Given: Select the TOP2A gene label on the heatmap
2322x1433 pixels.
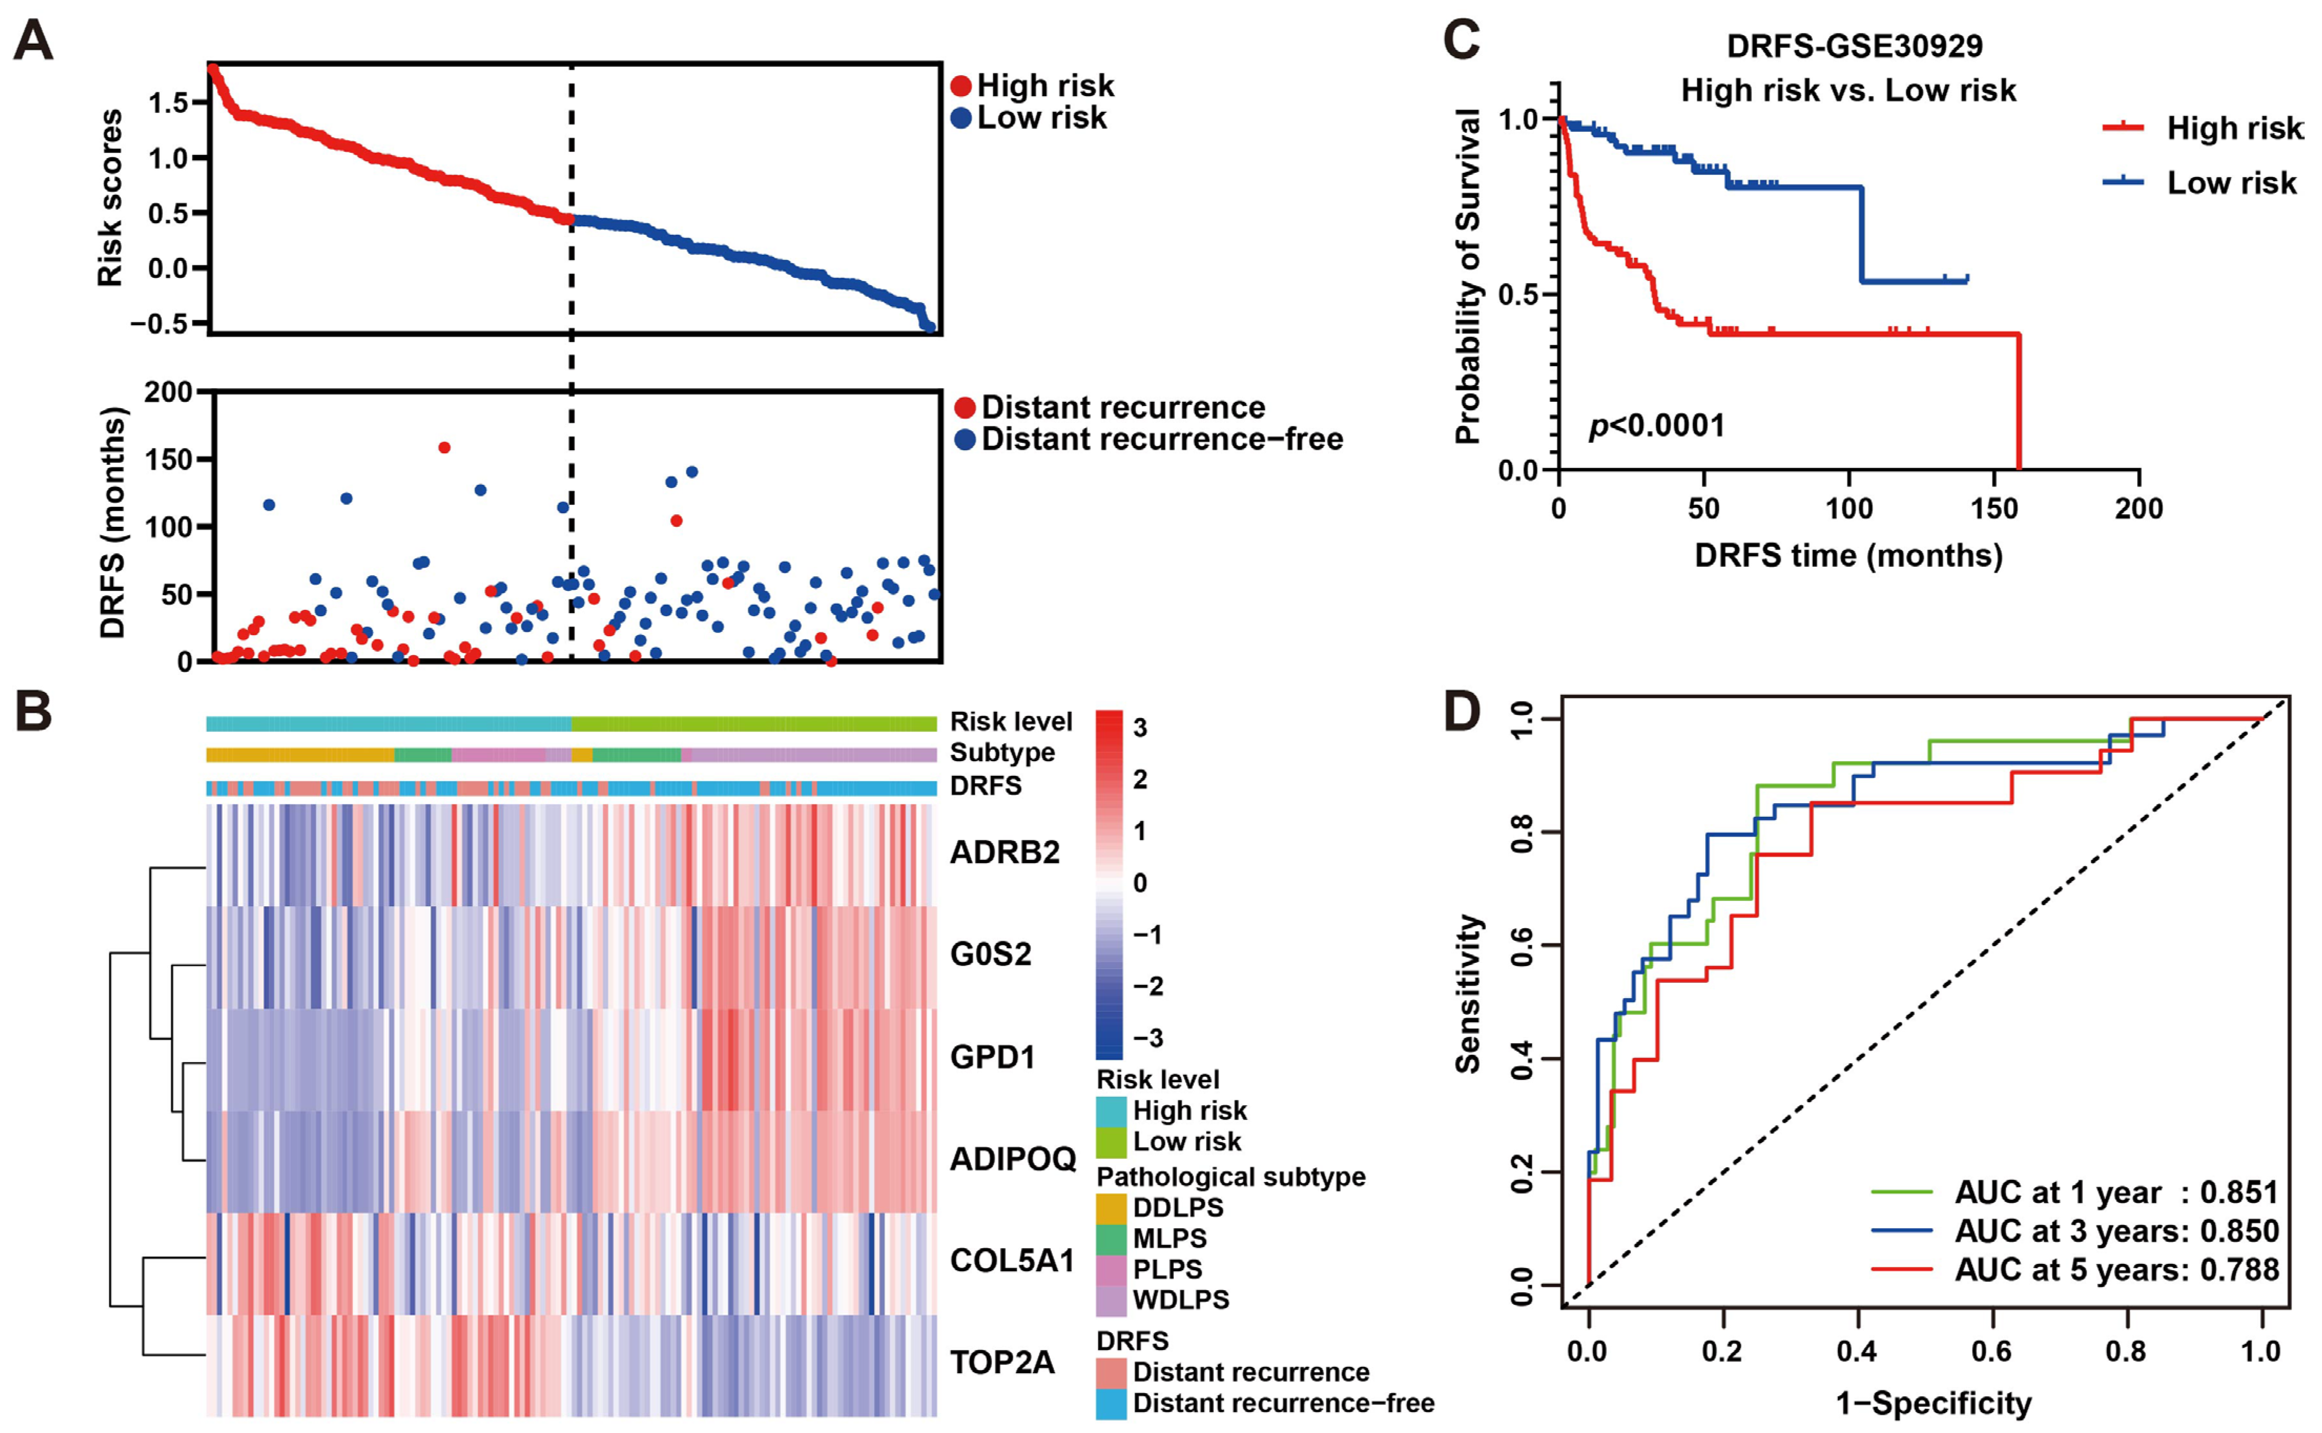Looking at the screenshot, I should click(1002, 1362).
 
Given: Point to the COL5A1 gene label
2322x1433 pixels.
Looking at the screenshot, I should click(1012, 1261).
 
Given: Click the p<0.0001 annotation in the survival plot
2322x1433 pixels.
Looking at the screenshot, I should click(1657, 425).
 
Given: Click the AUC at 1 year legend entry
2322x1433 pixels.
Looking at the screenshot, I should click(2115, 1192).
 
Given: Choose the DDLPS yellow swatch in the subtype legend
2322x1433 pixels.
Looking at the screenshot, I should click(1111, 1208).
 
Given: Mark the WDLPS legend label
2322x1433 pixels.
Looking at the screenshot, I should click(1181, 1300).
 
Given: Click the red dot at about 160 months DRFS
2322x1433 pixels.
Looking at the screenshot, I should click(445, 448).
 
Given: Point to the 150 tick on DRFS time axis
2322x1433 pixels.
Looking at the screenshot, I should click(1994, 509).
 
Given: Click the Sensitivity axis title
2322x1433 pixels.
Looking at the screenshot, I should click(1468, 993).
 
